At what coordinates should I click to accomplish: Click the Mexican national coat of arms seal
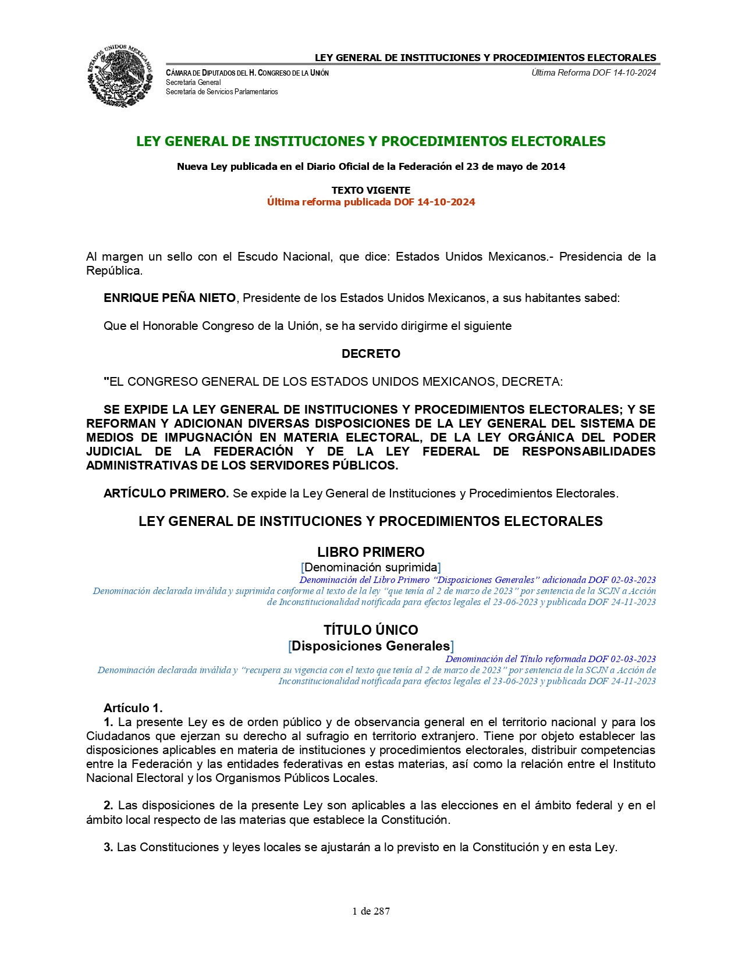coord(120,76)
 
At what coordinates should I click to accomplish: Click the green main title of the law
coord(371,141)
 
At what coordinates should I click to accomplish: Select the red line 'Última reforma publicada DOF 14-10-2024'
coord(371,202)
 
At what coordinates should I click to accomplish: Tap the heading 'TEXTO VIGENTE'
coord(371,190)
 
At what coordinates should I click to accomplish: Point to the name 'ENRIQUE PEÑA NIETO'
coord(169,298)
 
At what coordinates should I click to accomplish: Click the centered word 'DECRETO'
coord(371,354)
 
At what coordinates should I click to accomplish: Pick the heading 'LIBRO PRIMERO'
coord(371,552)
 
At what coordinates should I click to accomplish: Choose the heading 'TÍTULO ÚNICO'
coord(371,630)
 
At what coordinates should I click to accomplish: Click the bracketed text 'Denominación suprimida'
coord(371,567)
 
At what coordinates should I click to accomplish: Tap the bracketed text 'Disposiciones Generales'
coord(371,646)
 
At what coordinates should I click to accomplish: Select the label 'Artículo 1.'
coord(133,708)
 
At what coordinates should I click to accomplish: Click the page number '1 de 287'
coord(371,911)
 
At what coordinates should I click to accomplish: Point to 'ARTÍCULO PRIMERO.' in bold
coord(166,493)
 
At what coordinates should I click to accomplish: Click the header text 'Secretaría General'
coord(193,83)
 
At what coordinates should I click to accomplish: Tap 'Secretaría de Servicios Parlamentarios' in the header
coord(222,92)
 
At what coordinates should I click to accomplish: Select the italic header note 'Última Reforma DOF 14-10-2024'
coord(594,73)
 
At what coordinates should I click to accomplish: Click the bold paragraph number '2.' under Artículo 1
coord(108,806)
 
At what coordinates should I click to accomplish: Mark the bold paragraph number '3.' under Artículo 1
coord(108,848)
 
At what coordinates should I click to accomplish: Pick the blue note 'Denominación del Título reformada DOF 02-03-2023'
coord(551,659)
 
